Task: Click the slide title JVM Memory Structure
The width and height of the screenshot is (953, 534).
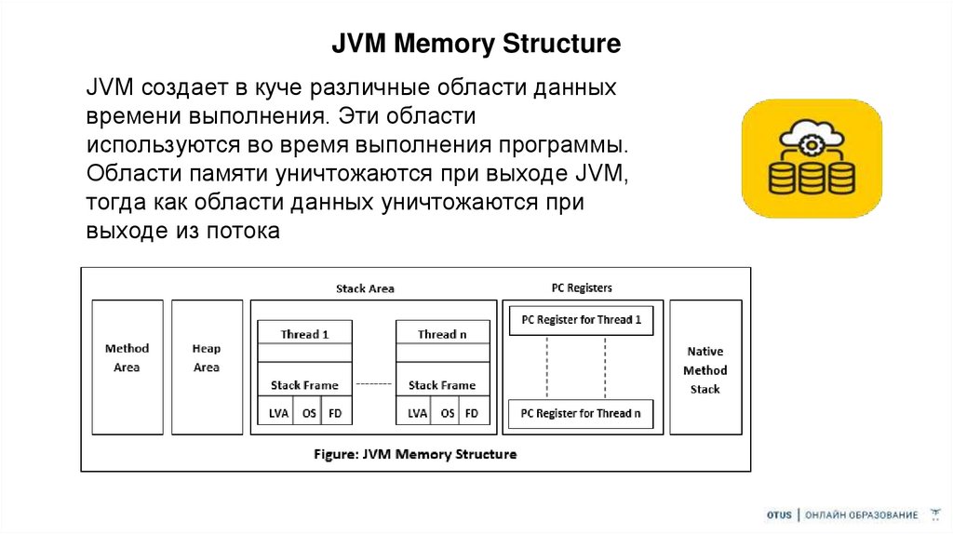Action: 476,44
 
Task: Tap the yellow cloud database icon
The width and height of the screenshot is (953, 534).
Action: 812,158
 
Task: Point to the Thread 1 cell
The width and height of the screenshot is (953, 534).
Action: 305,334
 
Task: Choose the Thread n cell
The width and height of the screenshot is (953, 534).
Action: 442,334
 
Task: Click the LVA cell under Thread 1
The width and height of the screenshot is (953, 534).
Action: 278,413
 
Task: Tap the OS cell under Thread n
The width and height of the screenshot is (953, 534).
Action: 448,413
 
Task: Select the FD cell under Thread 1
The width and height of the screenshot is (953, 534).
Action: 335,413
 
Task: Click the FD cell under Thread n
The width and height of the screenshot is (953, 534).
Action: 472,413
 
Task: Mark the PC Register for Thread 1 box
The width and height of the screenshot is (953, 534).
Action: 582,320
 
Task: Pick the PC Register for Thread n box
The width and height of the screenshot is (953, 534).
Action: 582,413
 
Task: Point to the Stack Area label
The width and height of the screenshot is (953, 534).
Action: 365,288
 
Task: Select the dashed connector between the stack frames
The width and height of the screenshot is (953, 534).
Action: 374,384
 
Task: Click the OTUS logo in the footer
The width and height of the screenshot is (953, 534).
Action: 779,514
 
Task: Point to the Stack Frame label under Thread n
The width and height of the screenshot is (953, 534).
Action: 442,385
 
